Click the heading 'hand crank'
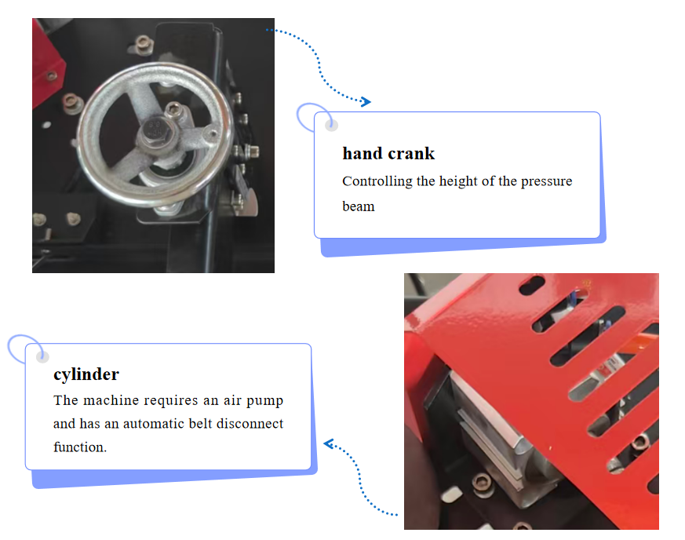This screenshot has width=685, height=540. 388,153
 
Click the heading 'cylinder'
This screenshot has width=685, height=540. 86,374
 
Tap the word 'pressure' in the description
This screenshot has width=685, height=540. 547,181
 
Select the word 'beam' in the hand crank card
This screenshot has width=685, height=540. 359,206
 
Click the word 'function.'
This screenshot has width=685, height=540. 80,447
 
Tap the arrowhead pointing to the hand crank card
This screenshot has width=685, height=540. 366,102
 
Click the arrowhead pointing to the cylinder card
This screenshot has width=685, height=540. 329,444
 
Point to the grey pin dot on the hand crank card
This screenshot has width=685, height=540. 332,126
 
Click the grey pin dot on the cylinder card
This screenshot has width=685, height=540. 42,357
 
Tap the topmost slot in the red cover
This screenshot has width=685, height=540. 532,285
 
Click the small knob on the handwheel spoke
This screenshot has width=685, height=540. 213,133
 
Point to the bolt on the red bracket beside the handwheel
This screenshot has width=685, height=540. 52,75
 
